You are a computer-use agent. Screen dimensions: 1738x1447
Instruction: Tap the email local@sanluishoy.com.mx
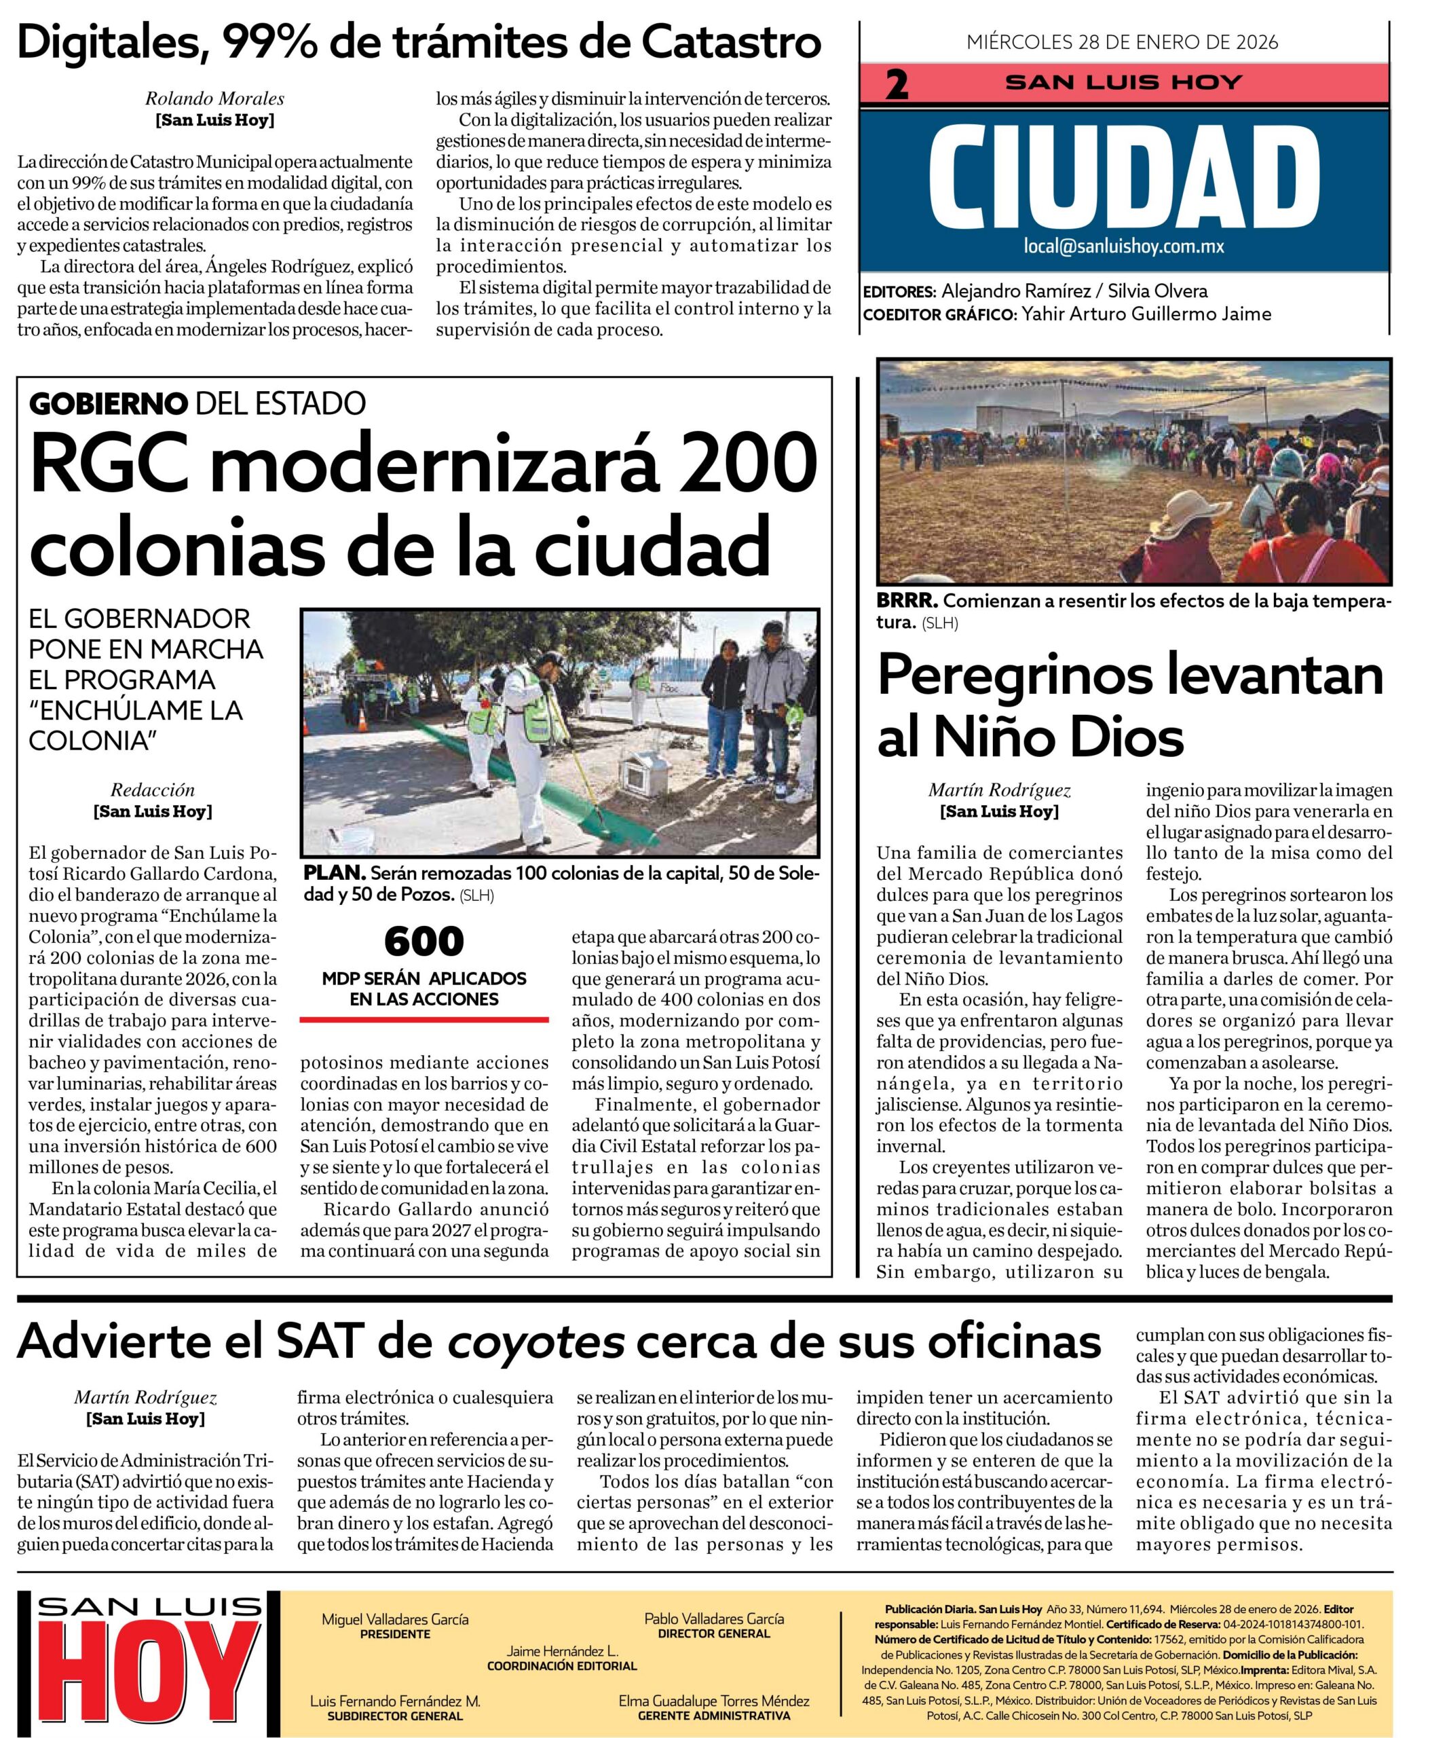[1123, 246]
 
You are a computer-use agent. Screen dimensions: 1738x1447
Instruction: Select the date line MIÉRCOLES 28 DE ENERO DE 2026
[1122, 41]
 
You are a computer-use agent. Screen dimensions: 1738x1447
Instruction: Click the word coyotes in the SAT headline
[535, 1342]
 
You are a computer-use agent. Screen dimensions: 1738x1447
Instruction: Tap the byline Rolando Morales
[214, 98]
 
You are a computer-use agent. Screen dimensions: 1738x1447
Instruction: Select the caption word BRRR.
[907, 601]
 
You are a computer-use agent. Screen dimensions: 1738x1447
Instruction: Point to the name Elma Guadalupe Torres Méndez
[713, 1700]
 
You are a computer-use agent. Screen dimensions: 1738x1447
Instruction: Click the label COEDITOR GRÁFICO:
[938, 314]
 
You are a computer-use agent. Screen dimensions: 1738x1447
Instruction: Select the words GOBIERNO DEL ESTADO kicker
[197, 403]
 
